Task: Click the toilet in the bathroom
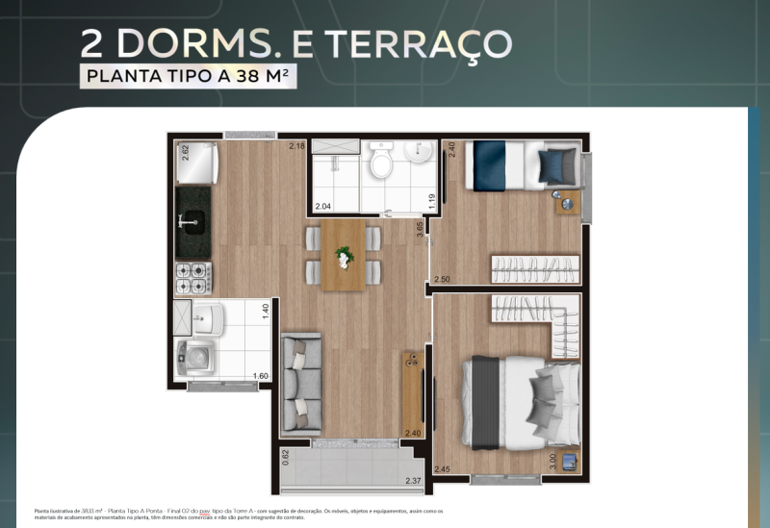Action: click(381, 162)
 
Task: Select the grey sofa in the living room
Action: click(300, 383)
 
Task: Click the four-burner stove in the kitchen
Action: click(192, 278)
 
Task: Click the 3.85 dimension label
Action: click(420, 230)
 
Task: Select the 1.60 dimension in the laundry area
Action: click(260, 376)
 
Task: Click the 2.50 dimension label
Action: click(442, 279)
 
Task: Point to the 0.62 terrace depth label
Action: click(286, 457)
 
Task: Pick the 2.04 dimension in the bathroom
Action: click(323, 206)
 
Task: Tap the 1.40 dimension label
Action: click(265, 312)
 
